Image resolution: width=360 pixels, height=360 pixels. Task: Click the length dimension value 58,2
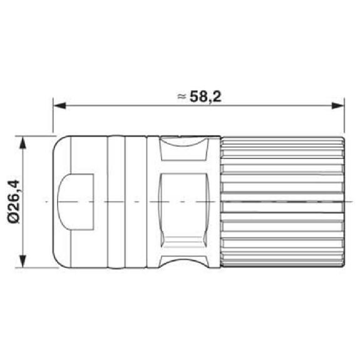pos(205,96)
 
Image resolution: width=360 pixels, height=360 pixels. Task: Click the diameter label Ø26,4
pos(14,202)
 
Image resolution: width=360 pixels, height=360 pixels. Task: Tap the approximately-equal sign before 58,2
pos(182,96)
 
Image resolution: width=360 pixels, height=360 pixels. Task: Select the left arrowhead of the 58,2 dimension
pos(59,106)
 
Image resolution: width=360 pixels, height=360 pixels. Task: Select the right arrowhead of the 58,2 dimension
pos(338,106)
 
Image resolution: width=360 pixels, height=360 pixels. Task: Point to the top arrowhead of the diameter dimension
pos(23,143)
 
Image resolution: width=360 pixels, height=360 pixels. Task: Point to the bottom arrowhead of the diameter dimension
pos(23,261)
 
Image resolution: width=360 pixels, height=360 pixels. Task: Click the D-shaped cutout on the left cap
pos(76,202)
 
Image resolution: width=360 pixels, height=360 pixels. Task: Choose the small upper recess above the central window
pos(183,149)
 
